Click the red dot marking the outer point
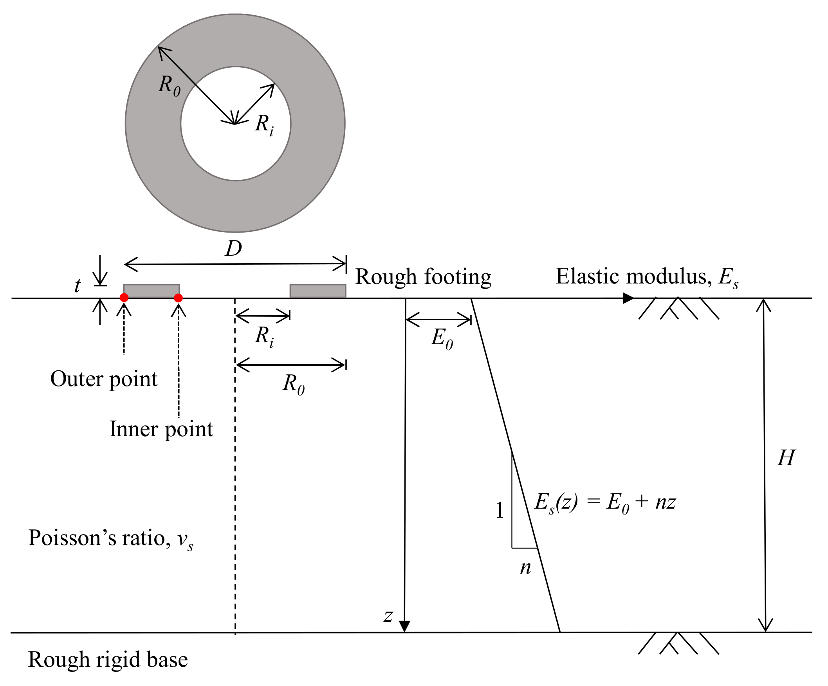click(124, 298)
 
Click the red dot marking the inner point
click(178, 298)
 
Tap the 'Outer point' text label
click(104, 379)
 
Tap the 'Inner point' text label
click(161, 430)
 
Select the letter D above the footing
click(233, 249)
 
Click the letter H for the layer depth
click(786, 459)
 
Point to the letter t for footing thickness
click(78, 286)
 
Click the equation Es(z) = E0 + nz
click(605, 503)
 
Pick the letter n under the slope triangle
click(525, 568)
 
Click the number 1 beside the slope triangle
click(500, 511)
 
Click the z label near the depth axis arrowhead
click(388, 616)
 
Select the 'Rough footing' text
click(423, 276)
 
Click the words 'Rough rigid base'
click(108, 660)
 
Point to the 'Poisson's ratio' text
click(110, 538)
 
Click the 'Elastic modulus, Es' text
click(647, 276)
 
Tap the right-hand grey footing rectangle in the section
click(318, 291)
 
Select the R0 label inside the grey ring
click(169, 85)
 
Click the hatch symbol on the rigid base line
click(678, 643)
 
